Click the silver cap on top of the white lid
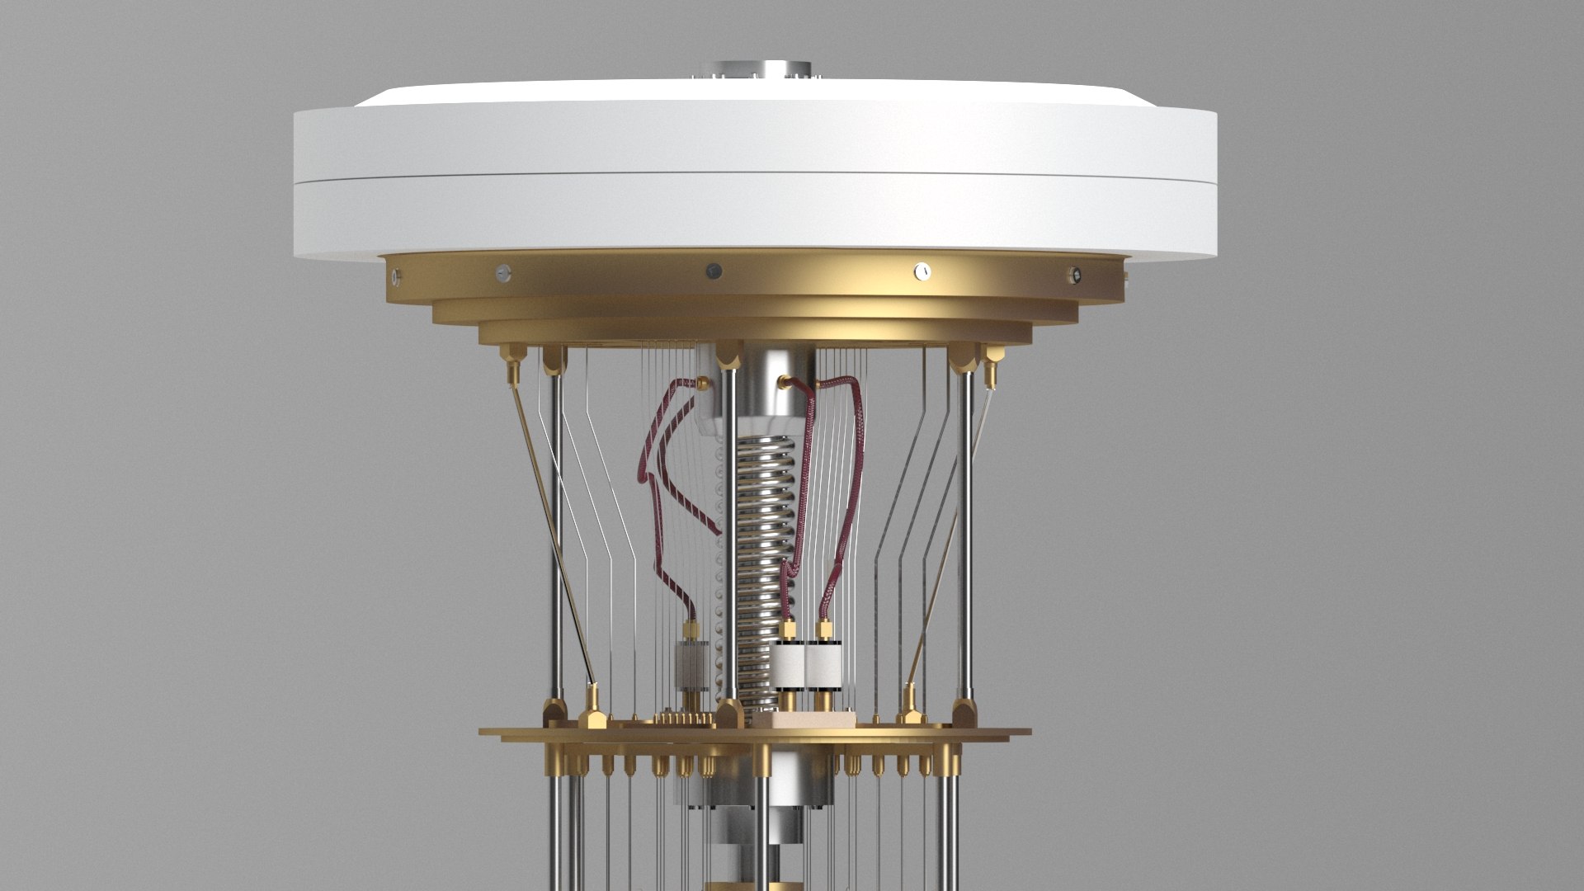click(x=752, y=69)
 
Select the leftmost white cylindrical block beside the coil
click(x=788, y=665)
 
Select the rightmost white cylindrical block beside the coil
click(x=823, y=665)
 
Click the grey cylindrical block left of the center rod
click(x=691, y=665)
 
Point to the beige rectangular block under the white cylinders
click(x=804, y=718)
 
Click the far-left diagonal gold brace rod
click(x=549, y=528)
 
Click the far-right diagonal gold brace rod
click(x=949, y=528)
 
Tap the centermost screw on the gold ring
click(x=714, y=270)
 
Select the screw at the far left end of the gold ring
click(x=398, y=275)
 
